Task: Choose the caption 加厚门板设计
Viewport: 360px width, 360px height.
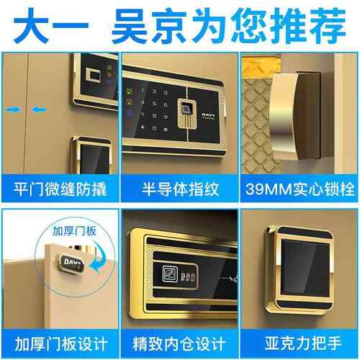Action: pyautogui.click(x=59, y=340)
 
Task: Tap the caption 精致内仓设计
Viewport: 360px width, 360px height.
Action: pyautogui.click(x=179, y=340)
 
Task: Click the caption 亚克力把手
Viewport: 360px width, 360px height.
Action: pyautogui.click(x=300, y=340)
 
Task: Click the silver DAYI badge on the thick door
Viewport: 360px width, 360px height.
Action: pyautogui.click(x=73, y=263)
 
